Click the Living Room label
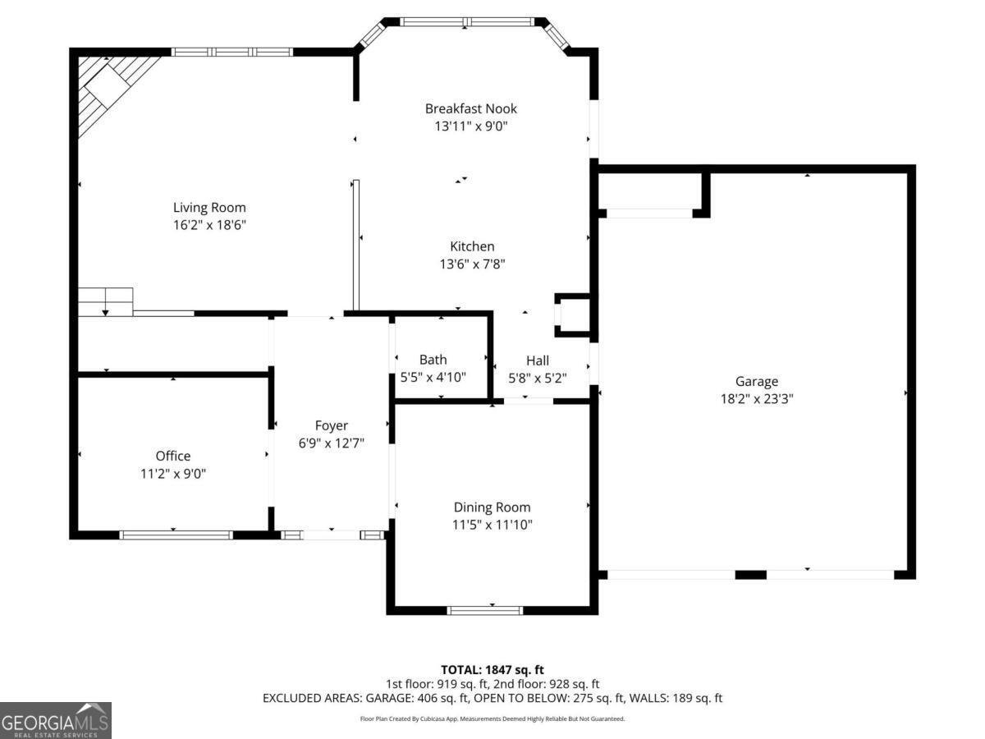208,208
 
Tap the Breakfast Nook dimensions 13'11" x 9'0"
470,126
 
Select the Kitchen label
472,246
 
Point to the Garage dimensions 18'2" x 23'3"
756,399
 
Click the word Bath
433,360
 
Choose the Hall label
537,360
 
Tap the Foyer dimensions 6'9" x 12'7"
332,443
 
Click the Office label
173,456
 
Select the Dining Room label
492,507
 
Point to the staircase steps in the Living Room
105,301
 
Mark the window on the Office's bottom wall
176,535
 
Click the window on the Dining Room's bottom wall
485,610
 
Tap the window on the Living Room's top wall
232,52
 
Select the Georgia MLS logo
55,720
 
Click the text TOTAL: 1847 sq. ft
492,670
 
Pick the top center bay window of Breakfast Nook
466,22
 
